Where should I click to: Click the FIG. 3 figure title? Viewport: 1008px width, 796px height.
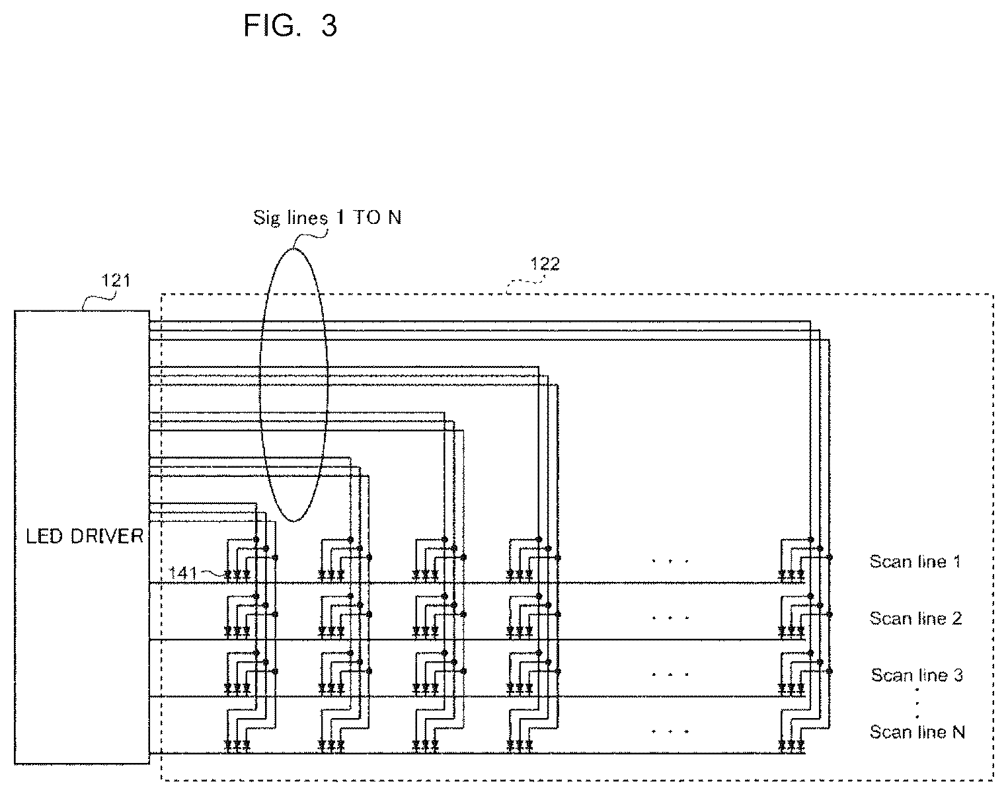coord(290,25)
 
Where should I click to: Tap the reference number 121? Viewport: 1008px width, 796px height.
coord(116,281)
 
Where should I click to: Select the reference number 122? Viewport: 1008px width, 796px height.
coord(545,264)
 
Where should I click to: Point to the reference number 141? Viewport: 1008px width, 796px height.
coord(182,573)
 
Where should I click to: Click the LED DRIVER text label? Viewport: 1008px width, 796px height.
coord(85,536)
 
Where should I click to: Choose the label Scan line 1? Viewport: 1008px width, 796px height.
coord(915,561)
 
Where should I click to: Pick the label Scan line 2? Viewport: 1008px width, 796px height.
coord(915,618)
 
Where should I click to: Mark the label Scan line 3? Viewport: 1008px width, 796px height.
coord(917,675)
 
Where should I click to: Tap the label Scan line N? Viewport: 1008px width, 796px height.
coord(917,732)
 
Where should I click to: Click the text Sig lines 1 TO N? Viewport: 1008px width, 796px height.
coord(327,218)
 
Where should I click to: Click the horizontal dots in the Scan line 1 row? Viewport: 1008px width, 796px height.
coord(670,561)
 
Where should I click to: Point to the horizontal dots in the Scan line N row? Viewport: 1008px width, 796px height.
coord(670,731)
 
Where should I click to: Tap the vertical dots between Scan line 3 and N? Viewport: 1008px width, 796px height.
coord(917,704)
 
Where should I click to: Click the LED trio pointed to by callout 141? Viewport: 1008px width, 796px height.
coord(237,575)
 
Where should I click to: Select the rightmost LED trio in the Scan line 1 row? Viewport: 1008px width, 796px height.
coord(791,575)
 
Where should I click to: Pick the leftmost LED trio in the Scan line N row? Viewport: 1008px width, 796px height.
coord(237,745)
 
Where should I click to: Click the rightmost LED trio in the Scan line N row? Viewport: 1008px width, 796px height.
coord(791,745)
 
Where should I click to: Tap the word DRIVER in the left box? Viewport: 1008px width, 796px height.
coord(107,536)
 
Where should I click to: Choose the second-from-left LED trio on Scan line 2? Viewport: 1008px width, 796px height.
coord(331,632)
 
